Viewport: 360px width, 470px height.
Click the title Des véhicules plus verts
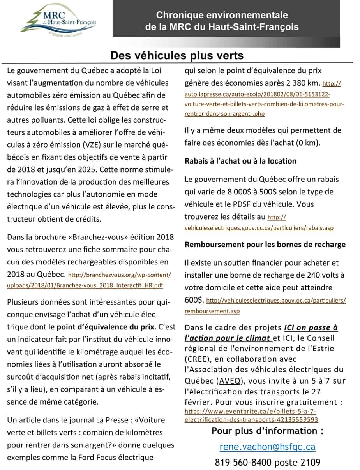(177, 56)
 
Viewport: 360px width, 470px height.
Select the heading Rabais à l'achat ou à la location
(240, 161)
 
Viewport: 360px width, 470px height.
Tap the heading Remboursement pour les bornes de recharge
(265, 245)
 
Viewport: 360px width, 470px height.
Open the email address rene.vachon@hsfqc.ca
(267, 447)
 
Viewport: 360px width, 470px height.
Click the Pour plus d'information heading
(267, 431)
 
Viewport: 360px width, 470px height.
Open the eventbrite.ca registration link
(251, 415)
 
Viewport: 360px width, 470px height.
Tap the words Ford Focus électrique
(119, 457)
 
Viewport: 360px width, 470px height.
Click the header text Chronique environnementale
(222, 15)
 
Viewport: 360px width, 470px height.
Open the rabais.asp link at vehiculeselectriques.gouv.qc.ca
(259, 228)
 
